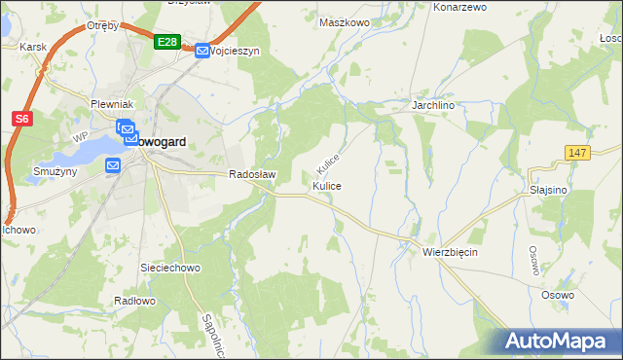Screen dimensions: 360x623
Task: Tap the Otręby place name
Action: (102, 26)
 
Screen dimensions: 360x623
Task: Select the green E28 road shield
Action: (166, 42)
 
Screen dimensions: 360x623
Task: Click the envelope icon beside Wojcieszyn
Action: (202, 51)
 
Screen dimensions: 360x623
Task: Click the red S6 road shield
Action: (22, 119)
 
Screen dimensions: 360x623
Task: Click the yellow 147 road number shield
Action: (578, 153)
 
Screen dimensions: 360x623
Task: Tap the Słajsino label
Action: (549, 190)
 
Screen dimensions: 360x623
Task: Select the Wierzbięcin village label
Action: (450, 251)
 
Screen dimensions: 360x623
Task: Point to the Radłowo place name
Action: (134, 301)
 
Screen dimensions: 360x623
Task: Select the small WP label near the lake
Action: (79, 135)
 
